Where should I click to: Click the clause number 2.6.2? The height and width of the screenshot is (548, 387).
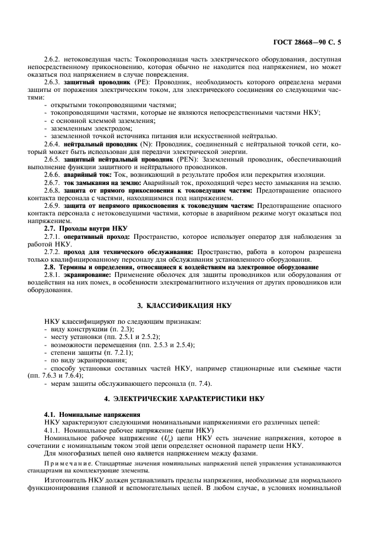(53, 60)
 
